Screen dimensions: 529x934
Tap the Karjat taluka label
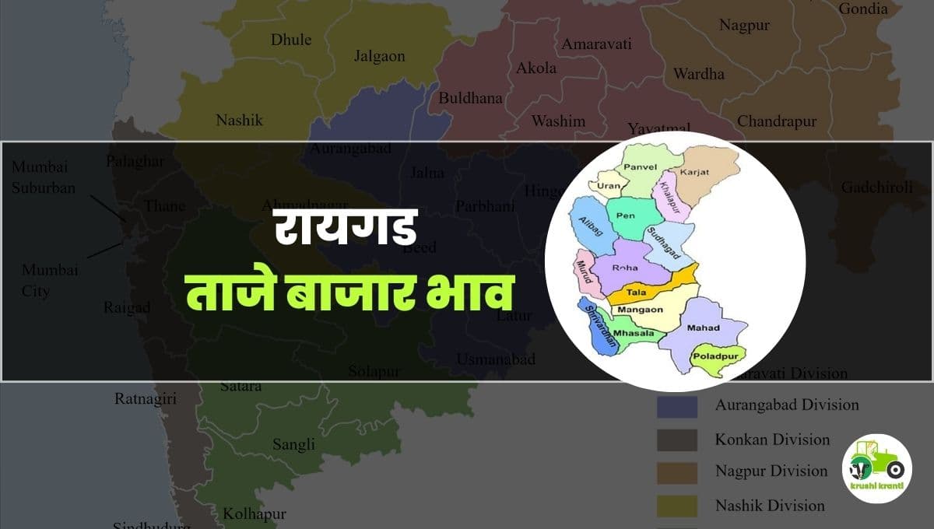coord(692,170)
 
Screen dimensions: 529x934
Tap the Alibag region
coord(589,226)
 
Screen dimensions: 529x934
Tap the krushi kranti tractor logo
coord(877,468)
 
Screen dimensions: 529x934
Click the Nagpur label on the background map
coord(744,26)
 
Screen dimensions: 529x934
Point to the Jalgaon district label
coord(380,56)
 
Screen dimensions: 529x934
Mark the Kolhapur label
coord(255,514)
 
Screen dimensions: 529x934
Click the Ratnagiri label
coord(146,399)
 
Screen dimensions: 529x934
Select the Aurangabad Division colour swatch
coord(676,405)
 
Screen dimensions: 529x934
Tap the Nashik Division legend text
coord(770,506)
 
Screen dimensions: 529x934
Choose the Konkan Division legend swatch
coord(676,440)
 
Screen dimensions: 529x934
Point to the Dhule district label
coord(291,40)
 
